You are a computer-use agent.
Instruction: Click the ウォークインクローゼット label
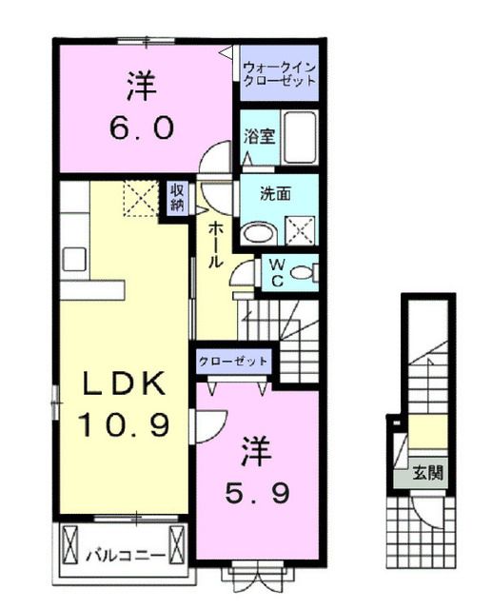[x=279, y=74]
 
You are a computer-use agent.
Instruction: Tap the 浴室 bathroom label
[x=260, y=136]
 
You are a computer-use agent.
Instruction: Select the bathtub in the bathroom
[x=302, y=138]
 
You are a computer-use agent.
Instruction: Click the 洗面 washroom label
[x=276, y=193]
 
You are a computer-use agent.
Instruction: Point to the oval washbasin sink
[x=256, y=232]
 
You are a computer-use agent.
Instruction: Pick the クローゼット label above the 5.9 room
[x=233, y=363]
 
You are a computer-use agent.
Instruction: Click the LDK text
[x=124, y=384]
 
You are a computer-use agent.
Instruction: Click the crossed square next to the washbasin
[x=301, y=230]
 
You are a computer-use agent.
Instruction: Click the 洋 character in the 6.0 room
[x=139, y=88]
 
